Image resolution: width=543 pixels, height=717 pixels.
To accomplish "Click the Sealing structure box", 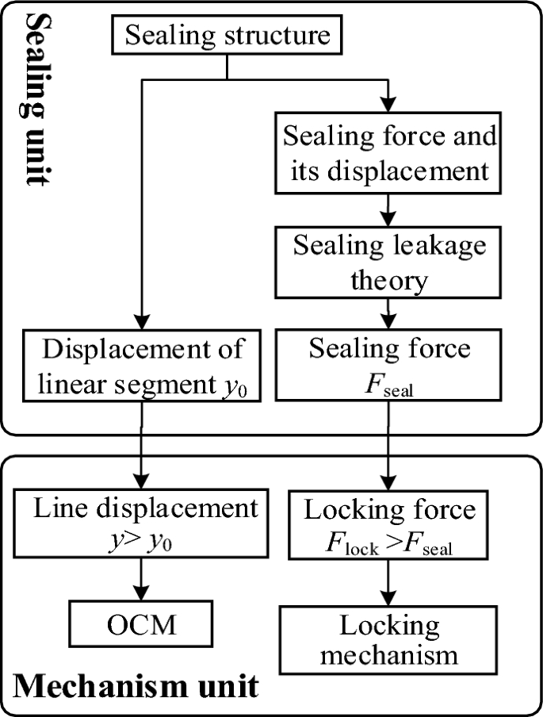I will [227, 36].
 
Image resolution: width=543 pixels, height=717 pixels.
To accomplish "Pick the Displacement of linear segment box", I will [143, 366].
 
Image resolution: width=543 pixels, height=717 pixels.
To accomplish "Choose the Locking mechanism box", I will [388, 640].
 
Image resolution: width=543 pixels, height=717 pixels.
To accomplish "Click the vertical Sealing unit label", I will [34, 95].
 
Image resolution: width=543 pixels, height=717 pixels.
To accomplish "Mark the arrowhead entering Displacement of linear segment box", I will [143, 324].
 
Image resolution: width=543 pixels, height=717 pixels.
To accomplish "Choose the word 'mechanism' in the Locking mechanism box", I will [388, 655].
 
